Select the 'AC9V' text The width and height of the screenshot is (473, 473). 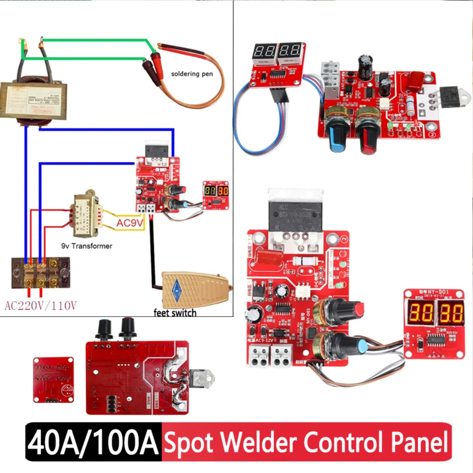(x=129, y=222)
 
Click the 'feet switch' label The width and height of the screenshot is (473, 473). (x=175, y=312)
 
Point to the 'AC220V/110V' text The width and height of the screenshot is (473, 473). (x=40, y=306)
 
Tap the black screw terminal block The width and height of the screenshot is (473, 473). (x=41, y=273)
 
